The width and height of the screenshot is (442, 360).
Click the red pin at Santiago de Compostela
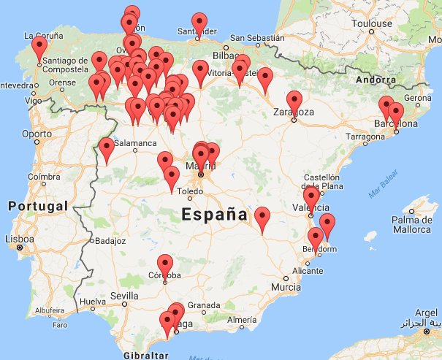39,47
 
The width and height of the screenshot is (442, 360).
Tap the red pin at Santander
199,22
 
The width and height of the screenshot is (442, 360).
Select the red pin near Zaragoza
294,101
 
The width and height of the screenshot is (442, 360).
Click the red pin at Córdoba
165,264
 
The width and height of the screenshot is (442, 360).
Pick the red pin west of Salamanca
107,148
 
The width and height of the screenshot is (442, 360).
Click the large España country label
214,215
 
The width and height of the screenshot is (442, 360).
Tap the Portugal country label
38,207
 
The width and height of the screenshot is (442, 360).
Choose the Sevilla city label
125,296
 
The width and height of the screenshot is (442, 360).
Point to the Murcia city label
285,287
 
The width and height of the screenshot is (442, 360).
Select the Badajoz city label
110,240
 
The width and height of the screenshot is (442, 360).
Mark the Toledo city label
190,191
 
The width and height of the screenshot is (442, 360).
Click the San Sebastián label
254,38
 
